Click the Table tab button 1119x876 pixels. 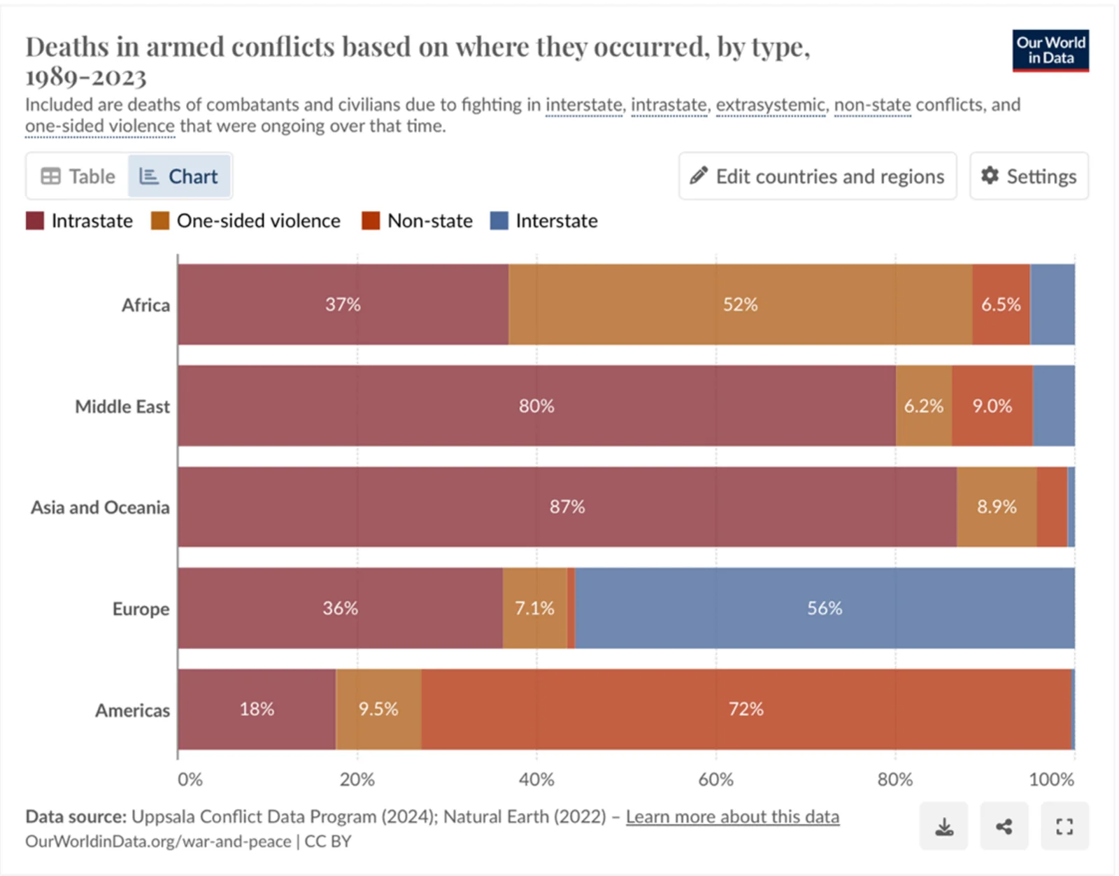(78, 176)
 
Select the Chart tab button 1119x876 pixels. (179, 176)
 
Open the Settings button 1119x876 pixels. (1029, 176)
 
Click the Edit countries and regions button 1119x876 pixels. (817, 176)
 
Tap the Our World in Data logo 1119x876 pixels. (1050, 50)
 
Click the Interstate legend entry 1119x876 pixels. (544, 221)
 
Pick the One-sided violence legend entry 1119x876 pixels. (246, 221)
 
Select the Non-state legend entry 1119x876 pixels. (418, 221)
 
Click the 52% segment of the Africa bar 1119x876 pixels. (740, 304)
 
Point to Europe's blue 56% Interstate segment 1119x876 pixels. (825, 608)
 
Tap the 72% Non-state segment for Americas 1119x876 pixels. (746, 709)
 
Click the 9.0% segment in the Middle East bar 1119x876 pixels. (992, 406)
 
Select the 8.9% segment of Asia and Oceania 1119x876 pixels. (997, 507)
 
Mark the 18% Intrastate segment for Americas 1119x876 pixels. (257, 709)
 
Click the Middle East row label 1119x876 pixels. (122, 407)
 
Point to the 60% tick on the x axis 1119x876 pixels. (715, 779)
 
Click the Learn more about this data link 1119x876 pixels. (732, 817)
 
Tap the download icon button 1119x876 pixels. (943, 826)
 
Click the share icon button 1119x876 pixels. (1004, 826)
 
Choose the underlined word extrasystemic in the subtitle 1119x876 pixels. (770, 105)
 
